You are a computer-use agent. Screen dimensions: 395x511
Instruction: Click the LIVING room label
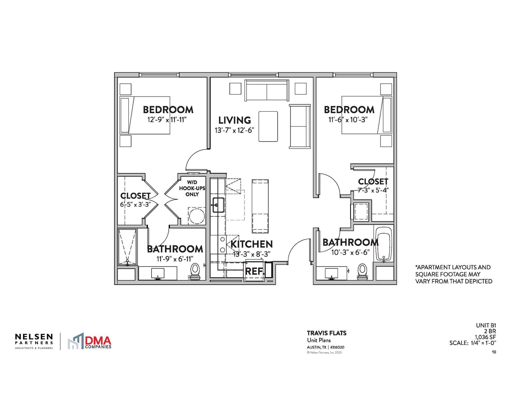coord(234,120)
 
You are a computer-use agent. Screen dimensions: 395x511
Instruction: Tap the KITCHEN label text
coord(251,244)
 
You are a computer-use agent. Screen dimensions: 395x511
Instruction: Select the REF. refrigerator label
coord(254,271)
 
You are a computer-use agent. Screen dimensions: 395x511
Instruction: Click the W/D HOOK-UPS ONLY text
coord(192,188)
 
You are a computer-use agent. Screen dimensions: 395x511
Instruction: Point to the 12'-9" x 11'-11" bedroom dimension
coord(167,120)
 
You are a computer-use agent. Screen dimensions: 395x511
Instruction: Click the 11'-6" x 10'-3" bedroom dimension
coord(348,120)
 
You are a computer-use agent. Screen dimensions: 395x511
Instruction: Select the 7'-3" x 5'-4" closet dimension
coord(373,190)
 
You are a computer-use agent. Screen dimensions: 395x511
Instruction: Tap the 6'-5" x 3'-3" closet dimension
coord(135,204)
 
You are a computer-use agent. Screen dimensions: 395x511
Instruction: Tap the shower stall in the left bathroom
coord(127,247)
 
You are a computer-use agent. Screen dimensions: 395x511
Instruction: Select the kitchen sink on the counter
coord(218,205)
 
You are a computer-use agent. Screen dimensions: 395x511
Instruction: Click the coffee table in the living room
coord(268,127)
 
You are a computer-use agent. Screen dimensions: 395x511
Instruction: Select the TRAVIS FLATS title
coord(327,333)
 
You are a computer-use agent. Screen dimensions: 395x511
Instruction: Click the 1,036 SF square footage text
coord(485,337)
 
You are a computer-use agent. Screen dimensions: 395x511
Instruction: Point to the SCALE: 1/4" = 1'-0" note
coord(472,343)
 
